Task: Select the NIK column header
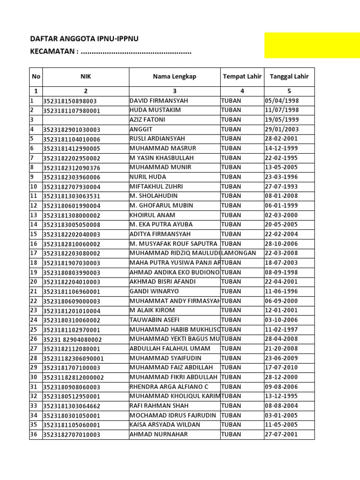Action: click(85, 76)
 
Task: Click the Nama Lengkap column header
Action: click(174, 76)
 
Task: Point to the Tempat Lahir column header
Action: click(242, 76)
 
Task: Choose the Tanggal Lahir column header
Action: click(289, 76)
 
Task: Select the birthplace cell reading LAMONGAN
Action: click(239, 253)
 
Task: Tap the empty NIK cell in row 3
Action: click(85, 120)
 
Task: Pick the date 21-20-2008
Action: click(282, 348)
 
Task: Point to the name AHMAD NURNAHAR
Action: click(158, 434)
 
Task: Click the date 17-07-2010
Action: click(282, 367)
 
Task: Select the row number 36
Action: click(34, 434)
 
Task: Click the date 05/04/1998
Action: click(282, 101)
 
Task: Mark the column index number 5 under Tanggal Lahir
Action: click(289, 91)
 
